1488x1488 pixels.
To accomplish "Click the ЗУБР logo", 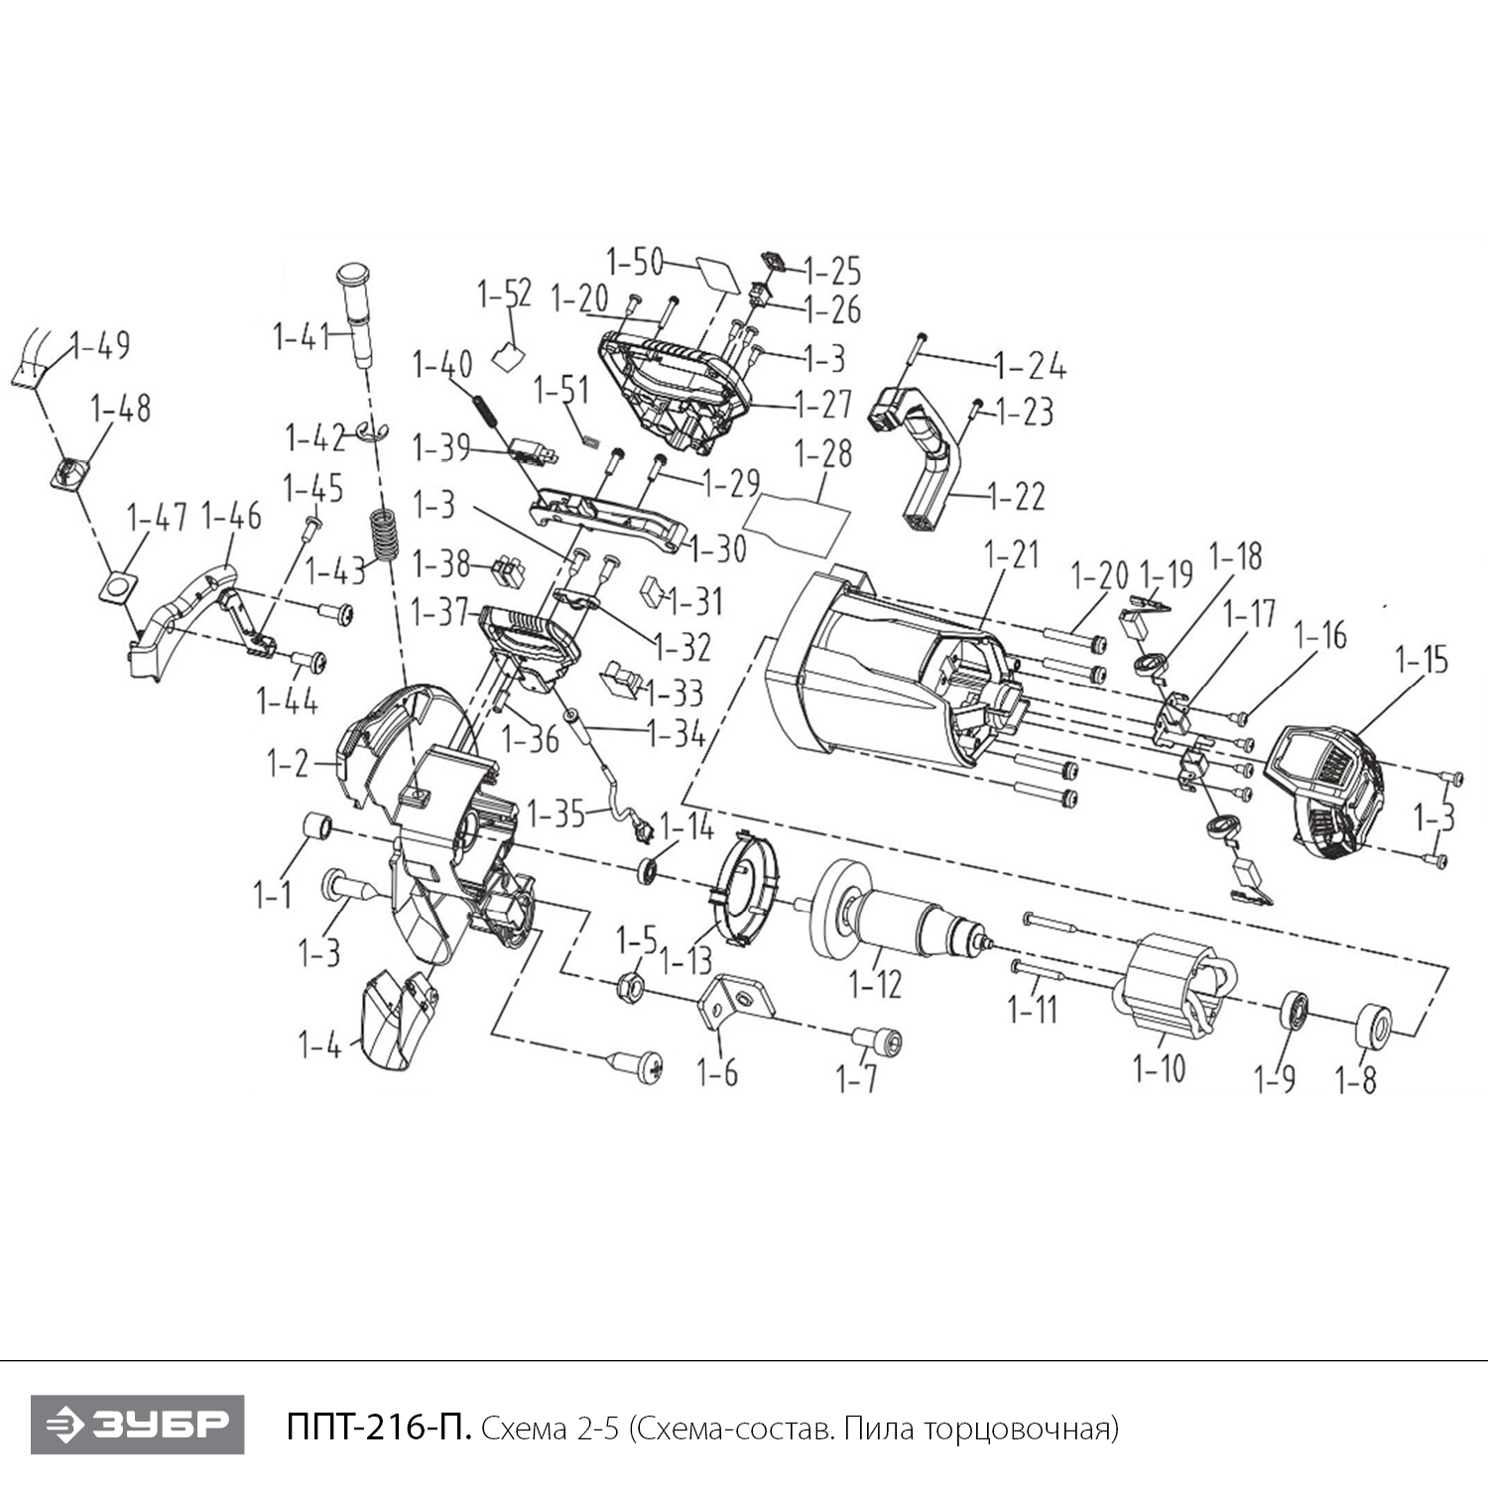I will tap(137, 1425).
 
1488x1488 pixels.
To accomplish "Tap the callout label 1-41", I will tap(302, 337).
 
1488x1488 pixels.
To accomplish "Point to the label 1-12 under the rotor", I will tap(876, 984).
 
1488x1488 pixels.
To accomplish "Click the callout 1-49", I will tap(100, 346).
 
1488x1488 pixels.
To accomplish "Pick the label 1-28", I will tap(822, 453).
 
